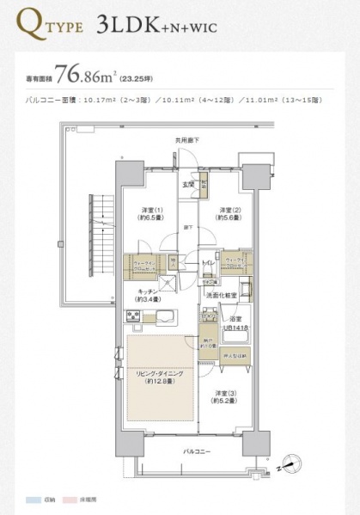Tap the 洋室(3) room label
(225, 397)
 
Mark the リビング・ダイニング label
(160, 376)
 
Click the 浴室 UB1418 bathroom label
(238, 321)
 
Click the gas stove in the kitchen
(134, 318)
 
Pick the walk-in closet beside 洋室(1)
(143, 265)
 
